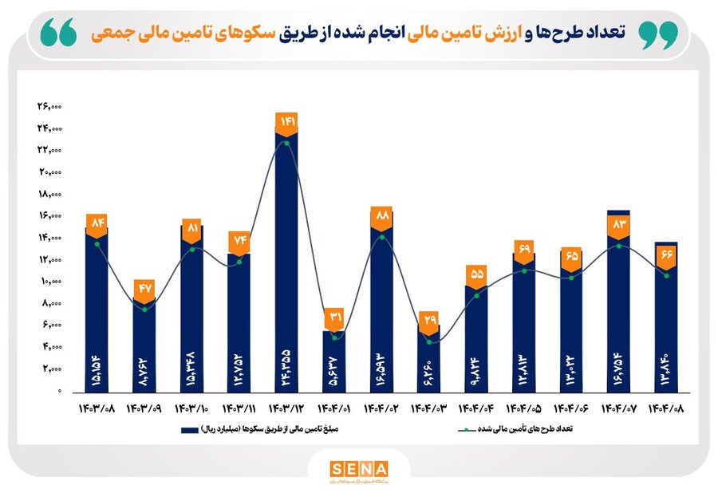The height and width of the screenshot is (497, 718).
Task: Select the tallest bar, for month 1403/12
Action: (286, 263)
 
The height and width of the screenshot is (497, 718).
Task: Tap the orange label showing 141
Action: (286, 122)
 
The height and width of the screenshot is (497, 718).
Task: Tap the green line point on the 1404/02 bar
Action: (381, 237)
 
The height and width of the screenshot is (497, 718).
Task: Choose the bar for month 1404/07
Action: (618, 303)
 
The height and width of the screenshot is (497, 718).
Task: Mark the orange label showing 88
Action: (381, 215)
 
